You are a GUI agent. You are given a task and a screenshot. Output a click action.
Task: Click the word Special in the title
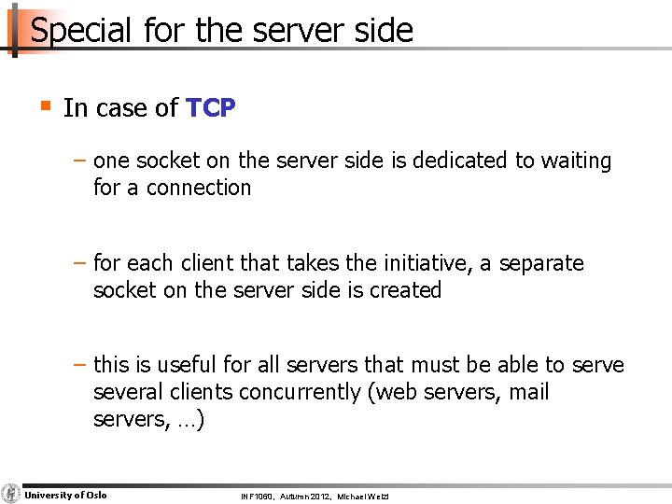(82, 31)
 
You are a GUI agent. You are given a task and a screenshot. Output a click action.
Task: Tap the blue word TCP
(210, 108)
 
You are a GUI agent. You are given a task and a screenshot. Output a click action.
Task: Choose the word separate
(541, 263)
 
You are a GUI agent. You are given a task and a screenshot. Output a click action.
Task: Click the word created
(405, 290)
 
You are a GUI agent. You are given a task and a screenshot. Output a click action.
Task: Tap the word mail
(528, 392)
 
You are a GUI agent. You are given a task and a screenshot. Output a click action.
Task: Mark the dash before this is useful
(82, 365)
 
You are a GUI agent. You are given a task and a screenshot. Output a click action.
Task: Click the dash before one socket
(82, 161)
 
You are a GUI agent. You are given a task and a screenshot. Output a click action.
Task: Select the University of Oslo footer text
(65, 495)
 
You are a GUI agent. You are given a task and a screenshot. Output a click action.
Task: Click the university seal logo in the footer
(11, 494)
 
